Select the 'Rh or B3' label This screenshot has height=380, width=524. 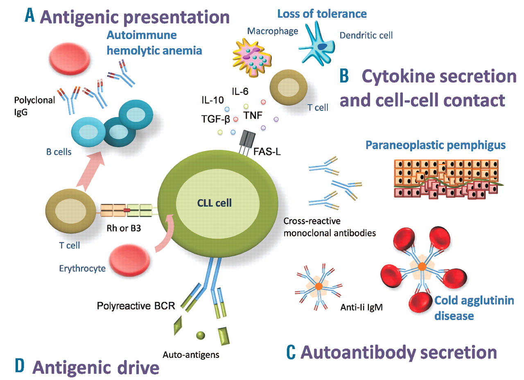122,225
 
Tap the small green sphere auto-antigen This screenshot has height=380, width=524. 200,335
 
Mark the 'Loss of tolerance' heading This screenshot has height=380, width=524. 322,14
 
